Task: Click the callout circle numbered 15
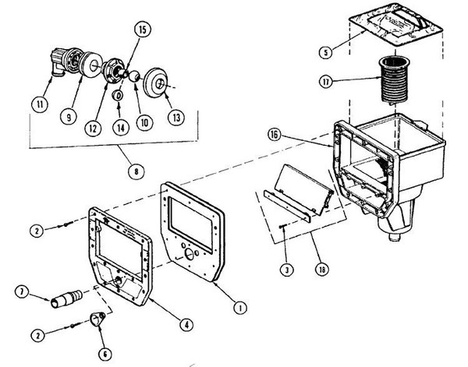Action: click(143, 30)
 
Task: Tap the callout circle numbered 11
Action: click(40, 104)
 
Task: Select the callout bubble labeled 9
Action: click(69, 117)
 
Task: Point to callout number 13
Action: click(176, 117)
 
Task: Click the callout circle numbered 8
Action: click(136, 171)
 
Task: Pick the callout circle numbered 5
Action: click(326, 52)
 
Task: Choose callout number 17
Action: click(326, 81)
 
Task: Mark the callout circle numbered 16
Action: click(275, 135)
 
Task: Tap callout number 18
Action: click(322, 270)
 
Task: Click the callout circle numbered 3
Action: click(287, 270)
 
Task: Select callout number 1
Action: click(239, 307)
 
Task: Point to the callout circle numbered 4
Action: click(186, 324)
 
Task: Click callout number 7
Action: click(22, 292)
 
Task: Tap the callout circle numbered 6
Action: click(105, 355)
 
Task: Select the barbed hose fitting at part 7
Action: click(66, 298)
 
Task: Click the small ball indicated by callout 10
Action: click(134, 76)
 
